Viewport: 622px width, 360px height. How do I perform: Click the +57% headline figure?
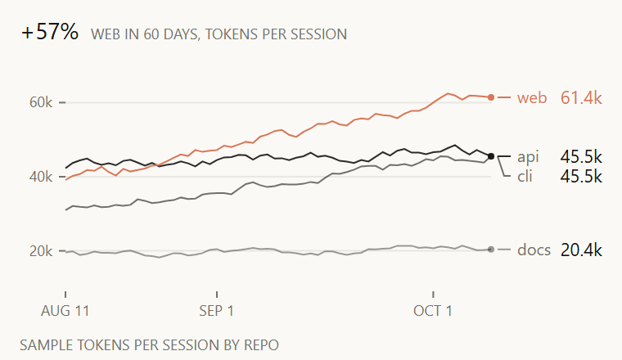click(50, 32)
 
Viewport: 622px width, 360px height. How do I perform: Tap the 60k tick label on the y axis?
click(41, 102)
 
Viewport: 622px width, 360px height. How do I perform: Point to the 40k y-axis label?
click(41, 177)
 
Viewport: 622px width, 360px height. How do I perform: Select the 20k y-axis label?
click(41, 251)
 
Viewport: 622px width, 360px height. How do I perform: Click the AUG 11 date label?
click(65, 311)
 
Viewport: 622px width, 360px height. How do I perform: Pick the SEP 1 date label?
click(217, 311)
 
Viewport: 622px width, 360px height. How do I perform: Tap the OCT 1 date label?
click(433, 311)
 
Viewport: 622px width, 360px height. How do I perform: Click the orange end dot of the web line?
click(491, 97)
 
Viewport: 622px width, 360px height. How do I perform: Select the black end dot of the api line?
click(491, 156)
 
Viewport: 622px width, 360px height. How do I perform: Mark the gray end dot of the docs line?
click(491, 250)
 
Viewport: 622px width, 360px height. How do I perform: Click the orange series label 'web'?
click(532, 97)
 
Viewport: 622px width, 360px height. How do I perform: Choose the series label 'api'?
click(528, 157)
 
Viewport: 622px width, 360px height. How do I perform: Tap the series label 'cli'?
click(525, 176)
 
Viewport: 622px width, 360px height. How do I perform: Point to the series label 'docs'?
click(534, 250)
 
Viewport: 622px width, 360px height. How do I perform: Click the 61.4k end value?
click(581, 97)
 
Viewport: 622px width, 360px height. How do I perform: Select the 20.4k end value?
click(581, 250)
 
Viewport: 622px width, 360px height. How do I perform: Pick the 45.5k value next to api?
click(581, 157)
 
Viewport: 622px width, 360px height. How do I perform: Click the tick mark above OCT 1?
click(433, 295)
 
